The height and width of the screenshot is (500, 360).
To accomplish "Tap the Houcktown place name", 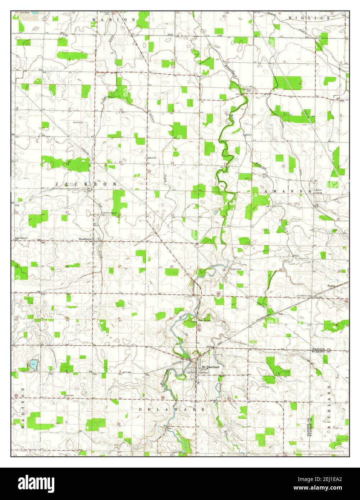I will [x=86, y=239].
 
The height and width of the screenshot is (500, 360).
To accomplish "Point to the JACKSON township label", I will [x=86, y=184].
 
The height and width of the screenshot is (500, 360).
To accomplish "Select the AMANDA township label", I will [x=287, y=192].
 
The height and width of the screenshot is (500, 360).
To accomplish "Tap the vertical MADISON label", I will [x=22, y=408].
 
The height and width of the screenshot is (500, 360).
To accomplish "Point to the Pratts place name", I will [x=331, y=286].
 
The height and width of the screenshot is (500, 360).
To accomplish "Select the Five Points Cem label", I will [x=304, y=296].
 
